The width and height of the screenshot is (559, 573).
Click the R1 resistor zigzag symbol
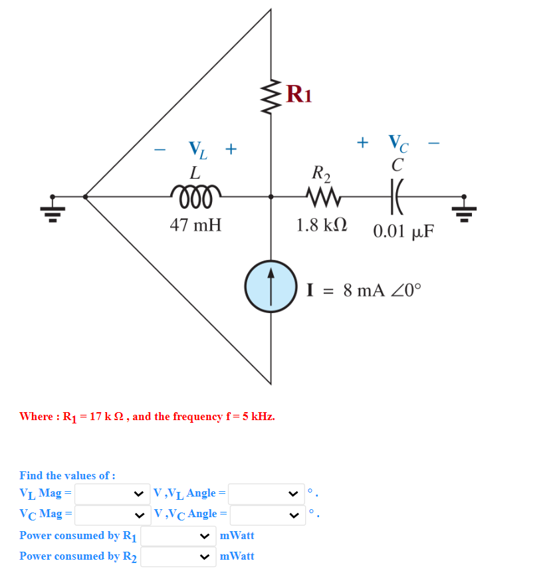271,95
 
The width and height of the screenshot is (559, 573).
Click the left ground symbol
54,207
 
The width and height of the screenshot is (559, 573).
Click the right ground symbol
465,207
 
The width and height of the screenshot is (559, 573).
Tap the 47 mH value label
195,225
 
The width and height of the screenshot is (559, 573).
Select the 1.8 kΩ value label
322,225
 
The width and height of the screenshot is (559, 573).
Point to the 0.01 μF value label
403,231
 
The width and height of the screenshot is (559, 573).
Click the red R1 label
298,94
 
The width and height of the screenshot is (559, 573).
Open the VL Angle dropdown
266,493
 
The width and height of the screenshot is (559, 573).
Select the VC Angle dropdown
267,514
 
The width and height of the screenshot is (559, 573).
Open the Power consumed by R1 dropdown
177,536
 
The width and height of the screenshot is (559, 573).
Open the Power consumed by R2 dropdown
177,556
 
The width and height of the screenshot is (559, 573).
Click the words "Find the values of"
67,475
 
